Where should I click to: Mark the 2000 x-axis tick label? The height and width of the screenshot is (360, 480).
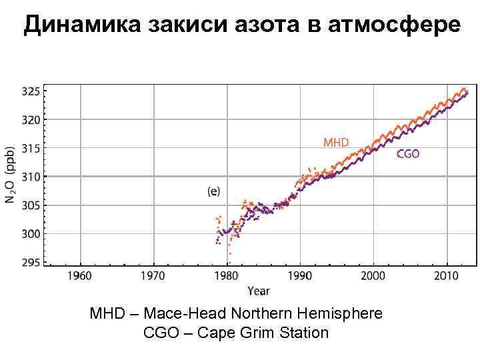(x=373, y=275)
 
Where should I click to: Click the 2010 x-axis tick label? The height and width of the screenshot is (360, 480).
(x=446, y=275)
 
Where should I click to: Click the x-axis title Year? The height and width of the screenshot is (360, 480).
(x=259, y=291)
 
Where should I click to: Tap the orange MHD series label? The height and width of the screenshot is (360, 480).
(x=336, y=142)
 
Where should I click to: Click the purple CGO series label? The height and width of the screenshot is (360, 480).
(x=408, y=154)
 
